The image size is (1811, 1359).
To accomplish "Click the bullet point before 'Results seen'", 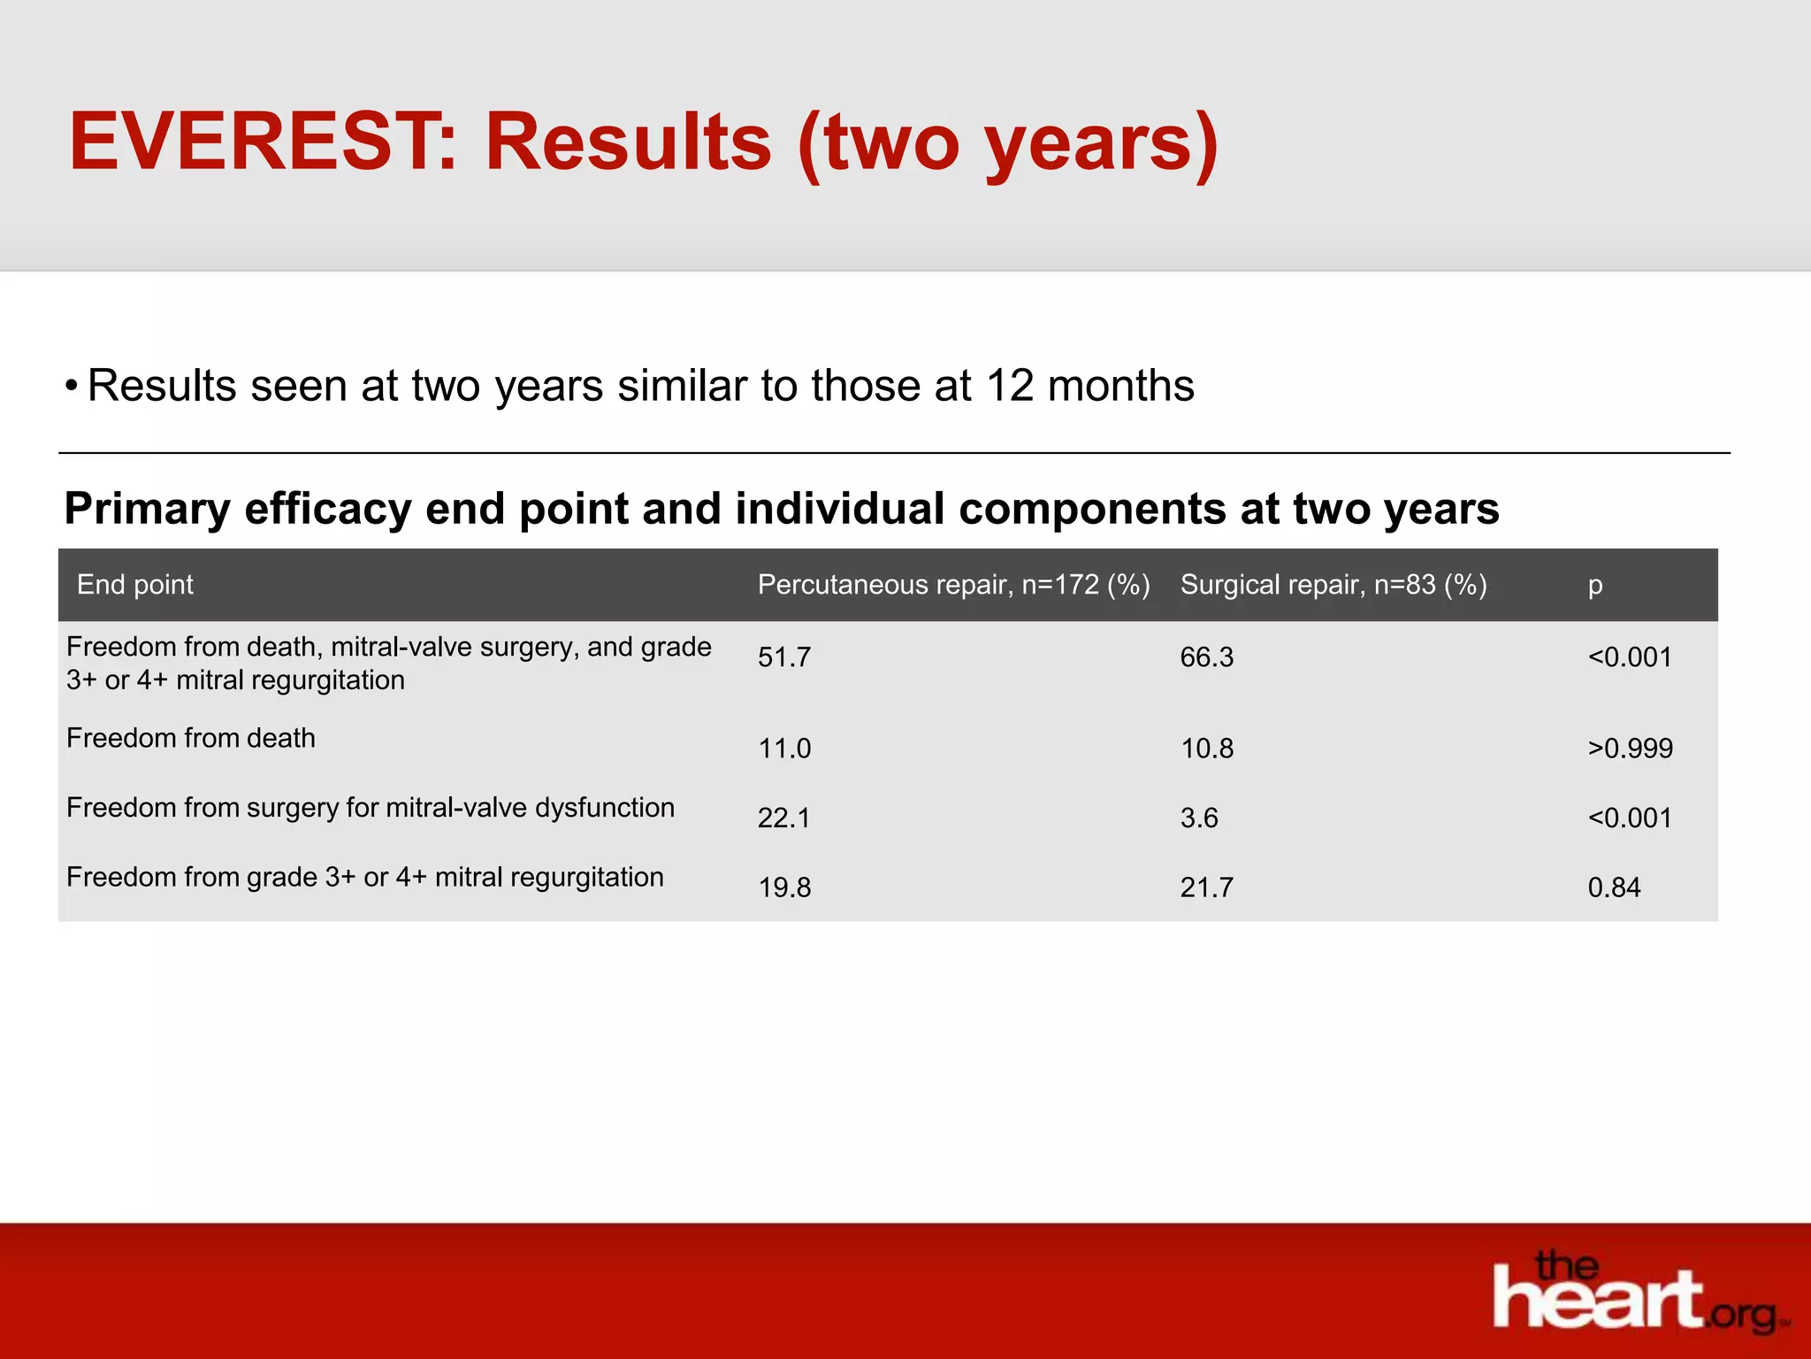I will click(71, 386).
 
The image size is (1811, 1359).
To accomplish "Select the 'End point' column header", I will click(134, 584).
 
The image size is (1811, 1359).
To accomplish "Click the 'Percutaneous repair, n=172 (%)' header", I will click(953, 584).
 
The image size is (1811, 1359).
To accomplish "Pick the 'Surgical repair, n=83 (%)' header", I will click(1333, 584).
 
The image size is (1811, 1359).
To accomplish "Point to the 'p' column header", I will click(1594, 586).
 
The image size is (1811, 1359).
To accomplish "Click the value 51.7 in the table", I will click(783, 657).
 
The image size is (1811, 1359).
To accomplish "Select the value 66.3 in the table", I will click(1206, 657).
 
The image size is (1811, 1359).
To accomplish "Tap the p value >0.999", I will click(1630, 749).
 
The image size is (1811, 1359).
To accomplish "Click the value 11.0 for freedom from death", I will click(783, 749).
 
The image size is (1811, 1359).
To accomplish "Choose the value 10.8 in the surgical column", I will click(1206, 749).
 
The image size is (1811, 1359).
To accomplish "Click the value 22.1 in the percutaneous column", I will click(783, 818).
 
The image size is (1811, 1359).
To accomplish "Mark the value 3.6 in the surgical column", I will click(1198, 818).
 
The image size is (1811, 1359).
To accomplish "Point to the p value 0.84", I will click(1614, 887).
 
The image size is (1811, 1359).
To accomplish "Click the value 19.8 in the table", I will click(783, 887).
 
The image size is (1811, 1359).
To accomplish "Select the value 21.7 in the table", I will click(1206, 887).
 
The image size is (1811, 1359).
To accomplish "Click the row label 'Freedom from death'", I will click(190, 738).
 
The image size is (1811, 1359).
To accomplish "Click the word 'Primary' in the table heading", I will click(147, 509).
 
